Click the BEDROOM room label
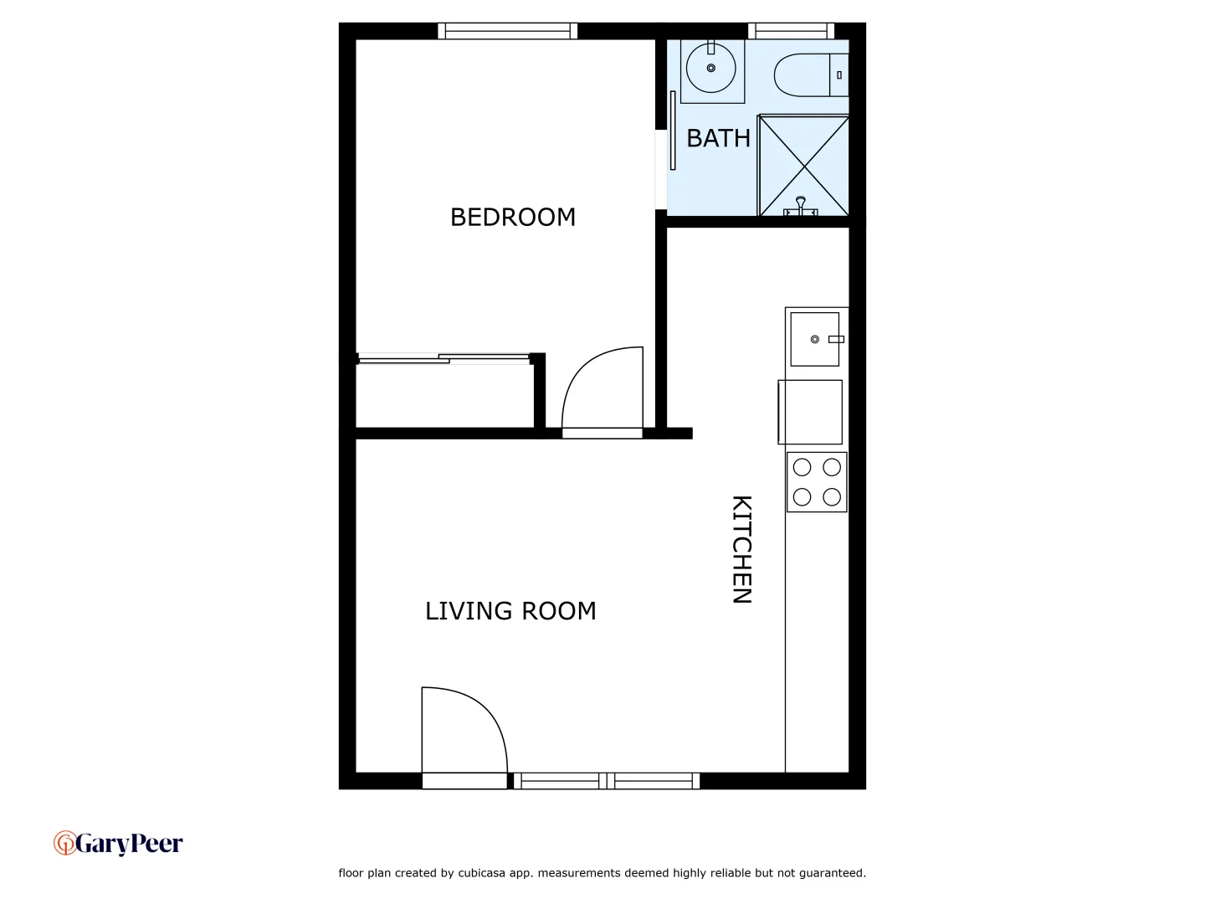coord(512,217)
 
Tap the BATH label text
coord(718,138)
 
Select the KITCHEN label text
coord(742,549)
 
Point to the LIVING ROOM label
coord(510,611)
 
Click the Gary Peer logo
coord(118,843)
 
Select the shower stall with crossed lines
coord(803,166)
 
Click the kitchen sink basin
coord(814,339)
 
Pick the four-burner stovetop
coord(817,482)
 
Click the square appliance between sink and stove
coord(810,412)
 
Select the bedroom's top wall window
coord(507,31)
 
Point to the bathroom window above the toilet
coord(791,31)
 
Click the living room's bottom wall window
coord(606,781)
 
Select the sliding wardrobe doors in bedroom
coord(444,359)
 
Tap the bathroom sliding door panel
coord(673,130)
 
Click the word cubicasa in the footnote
coord(482,873)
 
